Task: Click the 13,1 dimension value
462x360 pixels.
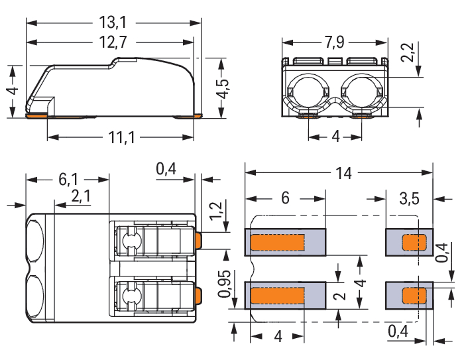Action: tap(113, 23)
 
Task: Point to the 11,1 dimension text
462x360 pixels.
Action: tap(120, 138)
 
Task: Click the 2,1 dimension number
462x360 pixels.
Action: tap(81, 196)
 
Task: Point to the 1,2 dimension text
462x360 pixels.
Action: tap(215, 211)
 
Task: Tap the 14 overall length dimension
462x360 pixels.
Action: tap(343, 173)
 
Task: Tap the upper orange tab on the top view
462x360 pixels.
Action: tap(198, 239)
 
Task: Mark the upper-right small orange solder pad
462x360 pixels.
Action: tap(415, 242)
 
